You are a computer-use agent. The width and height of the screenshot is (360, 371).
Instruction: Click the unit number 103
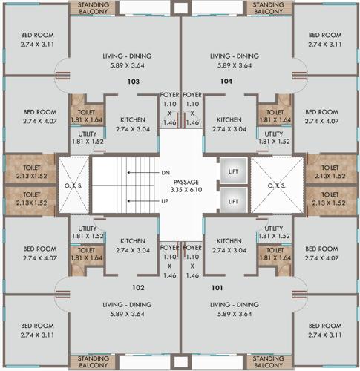pos(134,82)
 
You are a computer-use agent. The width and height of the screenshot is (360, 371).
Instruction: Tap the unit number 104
pos(226,82)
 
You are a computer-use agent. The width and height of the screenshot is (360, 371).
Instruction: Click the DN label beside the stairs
pos(165,172)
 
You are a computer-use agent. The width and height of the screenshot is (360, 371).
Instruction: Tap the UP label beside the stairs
pos(165,200)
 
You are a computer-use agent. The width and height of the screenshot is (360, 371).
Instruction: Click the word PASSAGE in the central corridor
pos(180,181)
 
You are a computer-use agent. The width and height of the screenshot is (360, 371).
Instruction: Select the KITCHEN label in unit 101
pos(228,241)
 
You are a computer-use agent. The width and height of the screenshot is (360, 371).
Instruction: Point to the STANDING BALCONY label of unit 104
pos(268,8)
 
